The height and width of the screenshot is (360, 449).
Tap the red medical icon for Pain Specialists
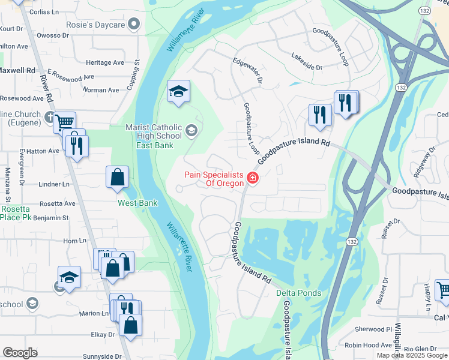(252, 178)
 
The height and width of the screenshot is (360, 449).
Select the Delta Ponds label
(298, 293)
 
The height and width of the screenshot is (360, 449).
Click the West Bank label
(137, 203)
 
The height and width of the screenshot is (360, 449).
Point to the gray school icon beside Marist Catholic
(191, 131)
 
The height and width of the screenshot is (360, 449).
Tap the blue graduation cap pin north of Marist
(178, 92)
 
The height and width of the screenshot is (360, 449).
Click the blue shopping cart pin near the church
(64, 122)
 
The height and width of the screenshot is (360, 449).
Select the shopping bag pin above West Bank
(118, 178)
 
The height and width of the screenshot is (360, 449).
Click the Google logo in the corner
(20, 353)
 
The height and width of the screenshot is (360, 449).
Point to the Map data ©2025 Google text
(412, 355)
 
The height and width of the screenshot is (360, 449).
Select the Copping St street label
(133, 74)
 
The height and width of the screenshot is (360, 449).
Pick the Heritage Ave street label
(105, 62)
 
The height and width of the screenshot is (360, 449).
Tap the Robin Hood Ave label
(368, 345)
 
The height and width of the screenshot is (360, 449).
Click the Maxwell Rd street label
(17, 70)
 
